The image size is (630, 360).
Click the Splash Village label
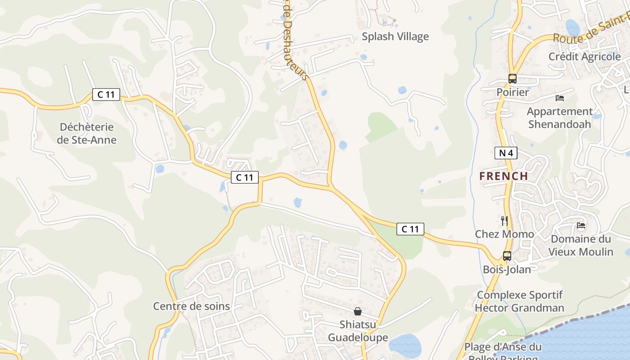(x=395, y=36)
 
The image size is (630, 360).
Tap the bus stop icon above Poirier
(x=512, y=79)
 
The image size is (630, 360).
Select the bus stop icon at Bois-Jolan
(x=507, y=256)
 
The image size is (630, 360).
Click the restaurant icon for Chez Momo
(x=504, y=220)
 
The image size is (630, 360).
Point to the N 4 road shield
(x=506, y=153)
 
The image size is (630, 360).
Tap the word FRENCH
(x=504, y=176)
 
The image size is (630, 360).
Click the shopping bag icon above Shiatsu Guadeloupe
(x=358, y=311)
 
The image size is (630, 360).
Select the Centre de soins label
(x=191, y=306)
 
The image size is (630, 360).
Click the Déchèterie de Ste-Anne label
(x=86, y=133)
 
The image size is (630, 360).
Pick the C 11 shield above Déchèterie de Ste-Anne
(x=106, y=94)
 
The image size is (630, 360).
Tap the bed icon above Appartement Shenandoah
(x=560, y=98)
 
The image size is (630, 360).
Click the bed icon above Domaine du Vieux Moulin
(x=581, y=225)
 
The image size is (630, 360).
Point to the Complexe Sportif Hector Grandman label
(x=519, y=301)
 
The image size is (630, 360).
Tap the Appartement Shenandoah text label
(x=560, y=117)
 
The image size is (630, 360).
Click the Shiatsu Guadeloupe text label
(x=358, y=331)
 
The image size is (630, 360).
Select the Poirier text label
(x=513, y=92)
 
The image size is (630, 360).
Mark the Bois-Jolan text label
(x=507, y=270)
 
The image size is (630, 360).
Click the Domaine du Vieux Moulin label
(x=580, y=245)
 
